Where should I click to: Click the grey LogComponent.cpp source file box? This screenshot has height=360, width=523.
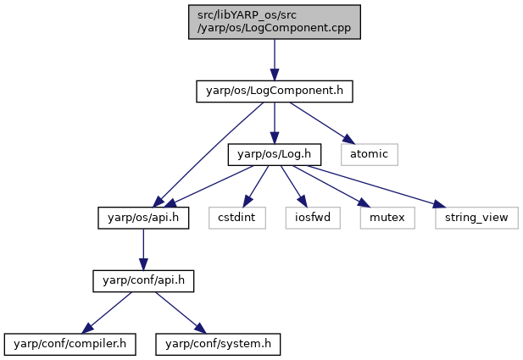274,22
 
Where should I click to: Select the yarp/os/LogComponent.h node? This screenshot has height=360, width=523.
274,91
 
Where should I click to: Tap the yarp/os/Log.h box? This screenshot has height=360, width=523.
274,154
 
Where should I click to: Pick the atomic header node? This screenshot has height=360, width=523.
370,154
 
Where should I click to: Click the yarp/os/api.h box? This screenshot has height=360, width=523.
143,218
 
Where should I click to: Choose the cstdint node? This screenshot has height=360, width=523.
237,218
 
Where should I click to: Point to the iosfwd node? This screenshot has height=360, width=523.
313,218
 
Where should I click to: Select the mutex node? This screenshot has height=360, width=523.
387,218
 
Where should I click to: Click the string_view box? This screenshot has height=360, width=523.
476,218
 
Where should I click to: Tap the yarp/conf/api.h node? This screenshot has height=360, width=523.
143,281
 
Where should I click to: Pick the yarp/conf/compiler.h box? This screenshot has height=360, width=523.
70,345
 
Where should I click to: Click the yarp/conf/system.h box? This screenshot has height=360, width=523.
218,345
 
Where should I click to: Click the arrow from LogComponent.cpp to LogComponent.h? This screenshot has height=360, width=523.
275,60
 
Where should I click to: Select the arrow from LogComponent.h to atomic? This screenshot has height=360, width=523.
321,123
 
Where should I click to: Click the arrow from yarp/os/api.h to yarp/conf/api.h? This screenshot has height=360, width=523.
143,250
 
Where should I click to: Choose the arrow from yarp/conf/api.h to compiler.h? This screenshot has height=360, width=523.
107,313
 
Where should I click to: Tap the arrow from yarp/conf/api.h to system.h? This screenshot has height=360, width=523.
181,313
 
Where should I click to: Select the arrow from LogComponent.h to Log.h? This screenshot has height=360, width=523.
275,123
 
